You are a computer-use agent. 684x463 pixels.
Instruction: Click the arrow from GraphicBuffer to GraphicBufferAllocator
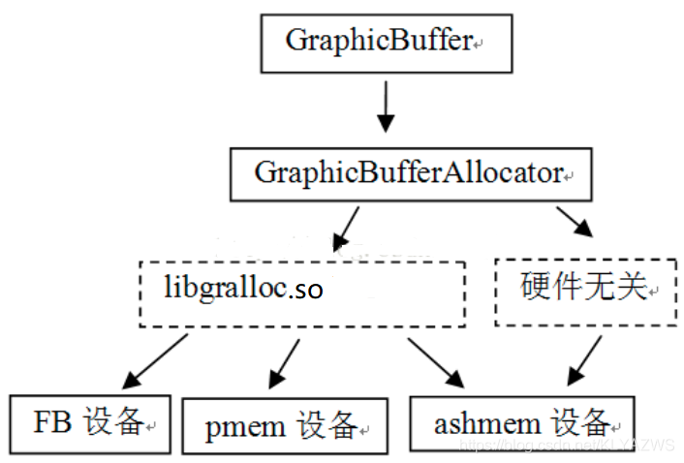click(386, 108)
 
